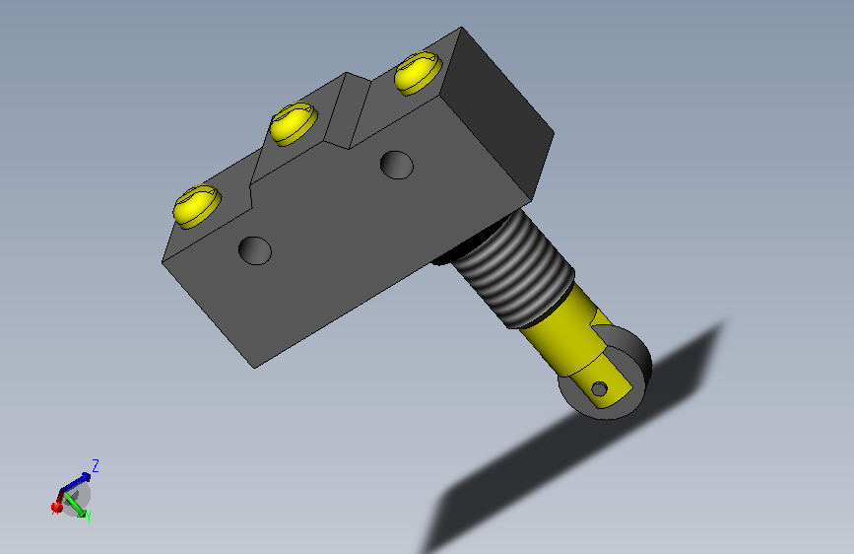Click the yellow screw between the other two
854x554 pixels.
click(x=294, y=123)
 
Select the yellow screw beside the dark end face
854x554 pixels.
click(x=419, y=73)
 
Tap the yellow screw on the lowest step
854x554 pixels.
click(x=197, y=206)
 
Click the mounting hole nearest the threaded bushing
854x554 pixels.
click(x=397, y=165)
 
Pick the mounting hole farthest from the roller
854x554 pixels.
click(x=255, y=250)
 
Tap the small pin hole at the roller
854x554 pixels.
click(x=599, y=389)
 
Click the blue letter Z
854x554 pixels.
click(x=96, y=465)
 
